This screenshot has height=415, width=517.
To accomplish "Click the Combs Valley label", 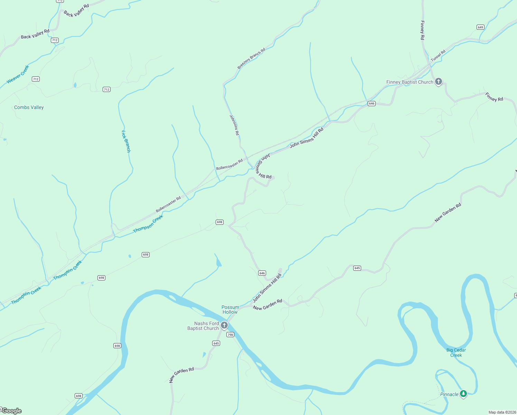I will coord(29,107).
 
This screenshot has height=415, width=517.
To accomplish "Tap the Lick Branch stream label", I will coord(126,141).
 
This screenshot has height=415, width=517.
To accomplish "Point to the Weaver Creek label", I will coord(18,74).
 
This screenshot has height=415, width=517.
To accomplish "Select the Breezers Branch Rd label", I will coord(251,58).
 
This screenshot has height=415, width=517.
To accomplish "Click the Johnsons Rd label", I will coord(234,125).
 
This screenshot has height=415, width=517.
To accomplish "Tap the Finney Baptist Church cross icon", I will coord(439,82).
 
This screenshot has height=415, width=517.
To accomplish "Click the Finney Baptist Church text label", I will coord(410,82).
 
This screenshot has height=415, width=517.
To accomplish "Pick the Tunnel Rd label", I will coord(438,55).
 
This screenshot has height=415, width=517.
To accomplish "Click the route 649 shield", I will coord(480,27).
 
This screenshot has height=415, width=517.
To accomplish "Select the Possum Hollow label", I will coord(230,310).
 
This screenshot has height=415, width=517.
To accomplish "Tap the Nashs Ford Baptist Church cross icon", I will coord(224,325).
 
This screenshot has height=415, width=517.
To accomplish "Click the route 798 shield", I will coord(231,334).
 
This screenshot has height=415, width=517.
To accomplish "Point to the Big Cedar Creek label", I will coord(456,352).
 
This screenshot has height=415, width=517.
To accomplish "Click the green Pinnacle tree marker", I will coord(463,394).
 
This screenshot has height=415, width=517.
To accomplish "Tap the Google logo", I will coord(11,411).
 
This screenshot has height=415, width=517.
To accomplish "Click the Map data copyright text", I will coord(502,412).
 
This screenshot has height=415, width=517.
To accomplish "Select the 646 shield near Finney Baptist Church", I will coord(372,103).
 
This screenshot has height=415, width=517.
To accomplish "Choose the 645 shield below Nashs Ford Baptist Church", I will coord(216,343).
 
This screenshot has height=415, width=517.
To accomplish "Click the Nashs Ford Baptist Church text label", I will coord(203,326).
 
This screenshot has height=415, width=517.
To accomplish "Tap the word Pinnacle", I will coord(449,394).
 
